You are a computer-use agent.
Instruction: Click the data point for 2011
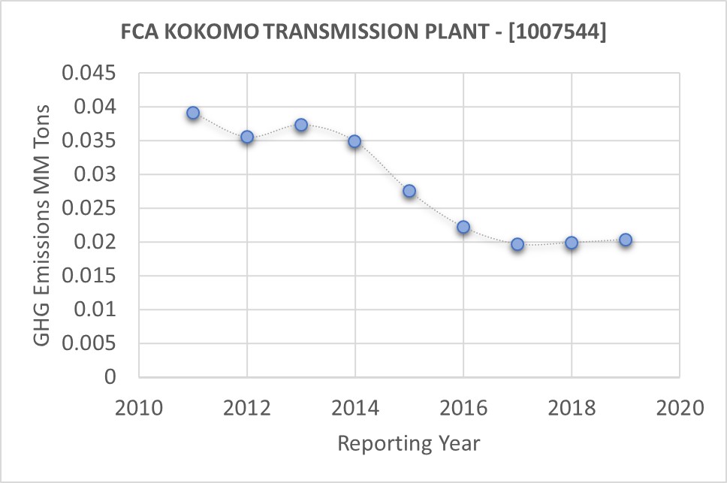click(193, 113)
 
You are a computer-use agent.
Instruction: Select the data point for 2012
click(247, 137)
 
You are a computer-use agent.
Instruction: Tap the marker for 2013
click(301, 125)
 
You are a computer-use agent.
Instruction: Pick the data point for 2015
click(409, 191)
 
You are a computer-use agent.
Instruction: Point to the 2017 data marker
click(517, 244)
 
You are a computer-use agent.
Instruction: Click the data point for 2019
click(626, 240)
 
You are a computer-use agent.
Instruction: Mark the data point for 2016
click(463, 227)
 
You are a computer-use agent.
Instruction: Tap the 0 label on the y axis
click(111, 377)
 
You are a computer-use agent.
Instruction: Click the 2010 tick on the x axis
click(139, 409)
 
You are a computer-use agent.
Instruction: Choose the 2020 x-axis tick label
click(680, 409)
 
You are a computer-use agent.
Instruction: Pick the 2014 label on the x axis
click(355, 409)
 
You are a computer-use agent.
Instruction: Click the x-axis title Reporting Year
click(409, 443)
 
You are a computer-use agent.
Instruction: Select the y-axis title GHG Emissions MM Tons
click(43, 225)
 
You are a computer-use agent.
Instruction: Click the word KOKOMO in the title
click(196, 33)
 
